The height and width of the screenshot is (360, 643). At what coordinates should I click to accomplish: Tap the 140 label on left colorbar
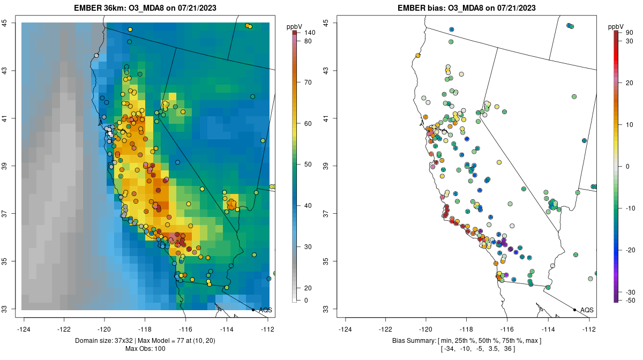coord(309,33)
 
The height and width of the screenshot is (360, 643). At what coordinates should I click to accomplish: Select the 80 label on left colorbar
coord(308,41)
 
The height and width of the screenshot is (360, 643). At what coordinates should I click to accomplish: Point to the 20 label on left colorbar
coord(308,288)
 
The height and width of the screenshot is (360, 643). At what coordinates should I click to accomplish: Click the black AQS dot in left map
coord(253,310)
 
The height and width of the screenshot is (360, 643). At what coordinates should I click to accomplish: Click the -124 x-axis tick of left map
coord(25,329)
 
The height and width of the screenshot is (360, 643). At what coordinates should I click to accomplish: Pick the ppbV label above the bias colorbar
coord(616,26)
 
